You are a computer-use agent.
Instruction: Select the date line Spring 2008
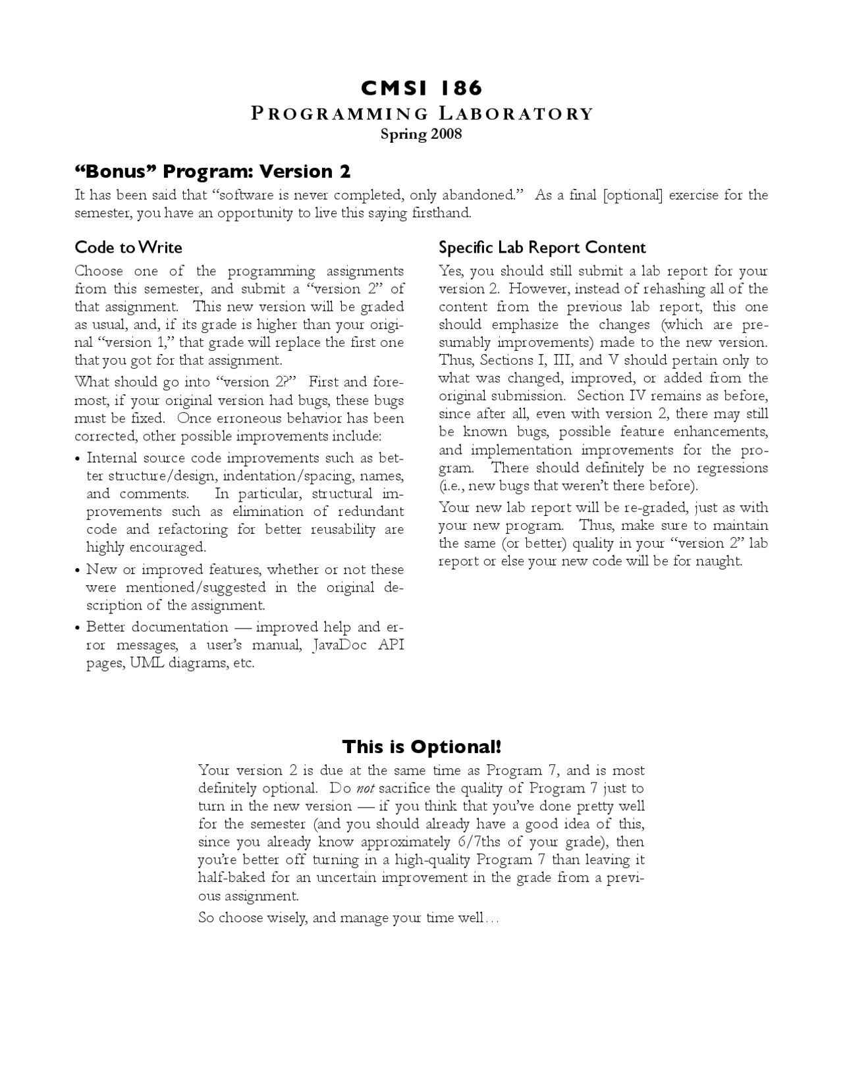click(x=421, y=134)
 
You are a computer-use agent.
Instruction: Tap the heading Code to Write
click(x=128, y=247)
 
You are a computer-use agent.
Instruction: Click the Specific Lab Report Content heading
click(x=542, y=247)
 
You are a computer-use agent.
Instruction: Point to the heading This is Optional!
click(x=421, y=747)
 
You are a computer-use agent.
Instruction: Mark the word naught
click(x=722, y=561)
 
